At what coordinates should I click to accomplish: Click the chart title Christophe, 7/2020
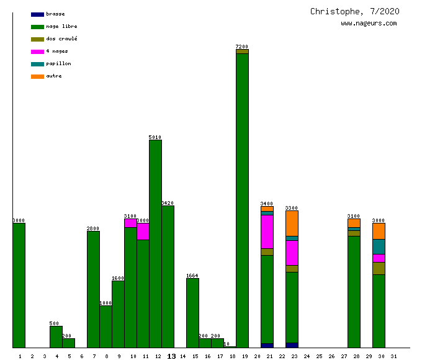[x=354, y=11]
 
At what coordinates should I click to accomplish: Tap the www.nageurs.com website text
[x=369, y=24]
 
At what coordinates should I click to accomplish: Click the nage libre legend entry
[x=54, y=26]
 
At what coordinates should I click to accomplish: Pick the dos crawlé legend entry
[x=54, y=38]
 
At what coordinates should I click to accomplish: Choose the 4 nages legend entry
[x=50, y=51]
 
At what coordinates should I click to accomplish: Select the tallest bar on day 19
[x=242, y=199]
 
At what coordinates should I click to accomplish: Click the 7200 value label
[x=242, y=47]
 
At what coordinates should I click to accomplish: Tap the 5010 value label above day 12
[x=155, y=137]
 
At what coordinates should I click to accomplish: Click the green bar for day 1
[x=19, y=286]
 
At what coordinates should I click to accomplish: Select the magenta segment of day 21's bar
[x=267, y=232]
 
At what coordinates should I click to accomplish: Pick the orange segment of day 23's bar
[x=292, y=223]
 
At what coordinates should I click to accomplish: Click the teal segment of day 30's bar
[x=379, y=246]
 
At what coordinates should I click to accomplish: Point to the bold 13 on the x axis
[x=171, y=356]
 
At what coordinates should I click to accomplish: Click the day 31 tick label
[x=393, y=356]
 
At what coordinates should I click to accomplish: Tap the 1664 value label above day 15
[x=192, y=276]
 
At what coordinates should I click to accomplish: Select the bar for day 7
[x=93, y=289]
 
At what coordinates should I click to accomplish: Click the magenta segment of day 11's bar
[x=143, y=231]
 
